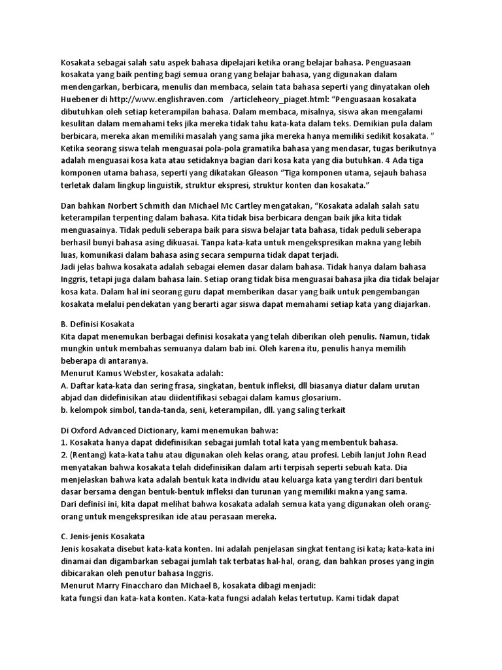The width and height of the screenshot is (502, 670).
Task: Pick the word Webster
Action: (x=138, y=372)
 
